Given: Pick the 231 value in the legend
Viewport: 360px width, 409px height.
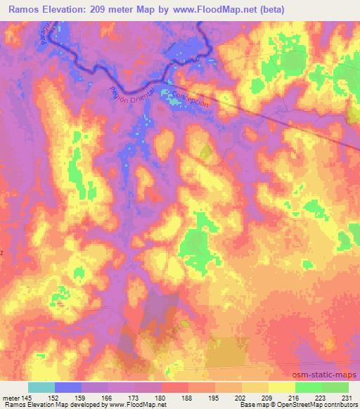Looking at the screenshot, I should (347, 397).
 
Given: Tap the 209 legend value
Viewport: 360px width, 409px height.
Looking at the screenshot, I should (268, 397).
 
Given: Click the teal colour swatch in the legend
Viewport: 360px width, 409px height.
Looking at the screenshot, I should (41, 387).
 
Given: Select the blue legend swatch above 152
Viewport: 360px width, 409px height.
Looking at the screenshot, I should (68, 387).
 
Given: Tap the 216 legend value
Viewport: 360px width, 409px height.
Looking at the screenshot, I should (295, 397).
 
